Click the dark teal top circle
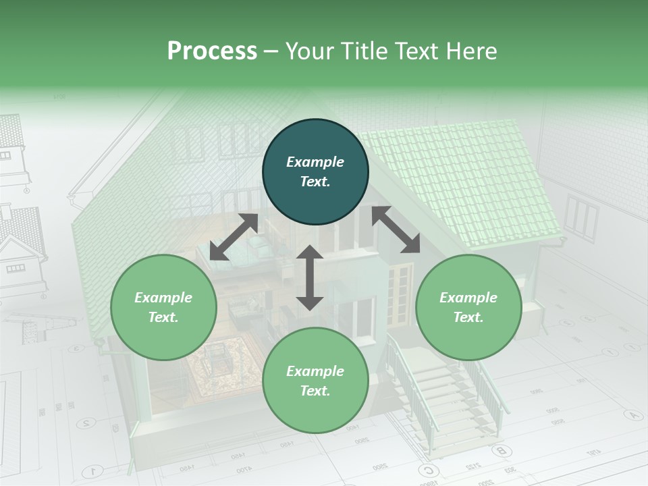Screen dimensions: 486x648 click(x=315, y=172)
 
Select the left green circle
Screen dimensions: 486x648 click(x=163, y=307)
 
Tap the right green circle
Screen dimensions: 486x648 click(x=468, y=307)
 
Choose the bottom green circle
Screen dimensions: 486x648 click(x=315, y=380)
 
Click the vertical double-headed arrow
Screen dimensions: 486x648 click(x=310, y=277)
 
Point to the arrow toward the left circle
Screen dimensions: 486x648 click(x=234, y=237)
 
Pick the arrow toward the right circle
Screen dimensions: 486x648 click(x=396, y=230)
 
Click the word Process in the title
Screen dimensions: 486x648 click(x=212, y=51)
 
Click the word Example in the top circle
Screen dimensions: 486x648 click(x=315, y=162)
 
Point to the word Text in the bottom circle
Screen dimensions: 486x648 click(x=315, y=391)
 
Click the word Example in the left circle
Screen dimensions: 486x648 click(x=163, y=298)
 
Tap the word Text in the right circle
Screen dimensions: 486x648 click(x=468, y=317)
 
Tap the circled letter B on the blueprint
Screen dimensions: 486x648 click(x=500, y=450)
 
